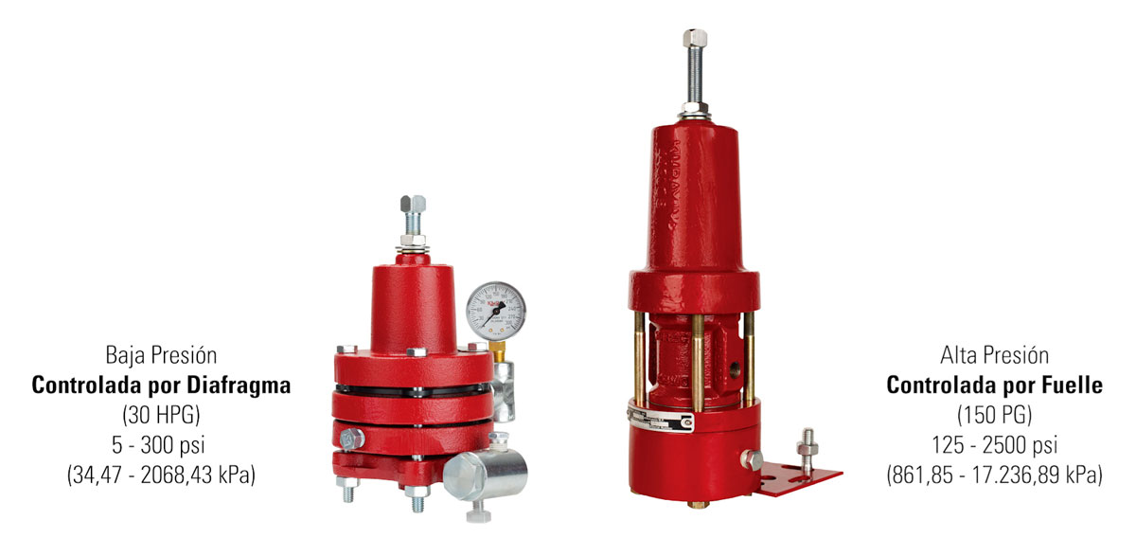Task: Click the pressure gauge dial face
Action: (496, 311)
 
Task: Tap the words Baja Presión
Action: (161, 355)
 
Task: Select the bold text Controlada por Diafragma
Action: (161, 386)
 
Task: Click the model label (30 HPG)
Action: (161, 415)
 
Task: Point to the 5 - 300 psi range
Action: (158, 445)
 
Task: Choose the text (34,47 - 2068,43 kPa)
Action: (161, 475)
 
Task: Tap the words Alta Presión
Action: (995, 355)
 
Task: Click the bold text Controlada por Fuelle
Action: (995, 386)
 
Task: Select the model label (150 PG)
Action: (995, 415)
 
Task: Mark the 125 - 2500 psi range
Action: (995, 445)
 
